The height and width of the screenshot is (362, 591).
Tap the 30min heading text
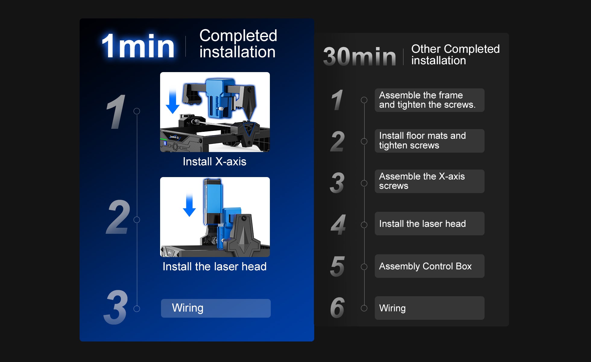[359, 56]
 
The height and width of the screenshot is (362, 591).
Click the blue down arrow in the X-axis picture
[173, 101]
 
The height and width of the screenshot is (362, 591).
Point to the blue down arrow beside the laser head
[189, 205]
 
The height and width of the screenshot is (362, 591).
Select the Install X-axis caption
[214, 162]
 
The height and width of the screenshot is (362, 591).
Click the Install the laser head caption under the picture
[214, 267]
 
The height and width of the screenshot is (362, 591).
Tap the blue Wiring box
[216, 308]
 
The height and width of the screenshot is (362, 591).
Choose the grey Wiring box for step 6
[430, 308]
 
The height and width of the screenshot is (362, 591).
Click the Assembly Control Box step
[430, 266]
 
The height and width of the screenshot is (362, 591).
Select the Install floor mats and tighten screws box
[430, 141]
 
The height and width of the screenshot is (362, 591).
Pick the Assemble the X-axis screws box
[430, 181]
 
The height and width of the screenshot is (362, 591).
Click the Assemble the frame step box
[430, 100]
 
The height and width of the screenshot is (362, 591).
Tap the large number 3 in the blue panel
[115, 307]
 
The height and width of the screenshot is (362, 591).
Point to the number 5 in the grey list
[337, 266]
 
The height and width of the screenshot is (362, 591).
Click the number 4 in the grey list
[338, 225]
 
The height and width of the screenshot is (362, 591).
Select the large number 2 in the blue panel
[118, 217]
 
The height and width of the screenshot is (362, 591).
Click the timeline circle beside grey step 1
[364, 100]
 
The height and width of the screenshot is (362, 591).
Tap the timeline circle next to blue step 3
[137, 309]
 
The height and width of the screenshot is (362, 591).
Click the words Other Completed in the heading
[455, 49]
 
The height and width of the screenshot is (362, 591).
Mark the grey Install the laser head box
[430, 224]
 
